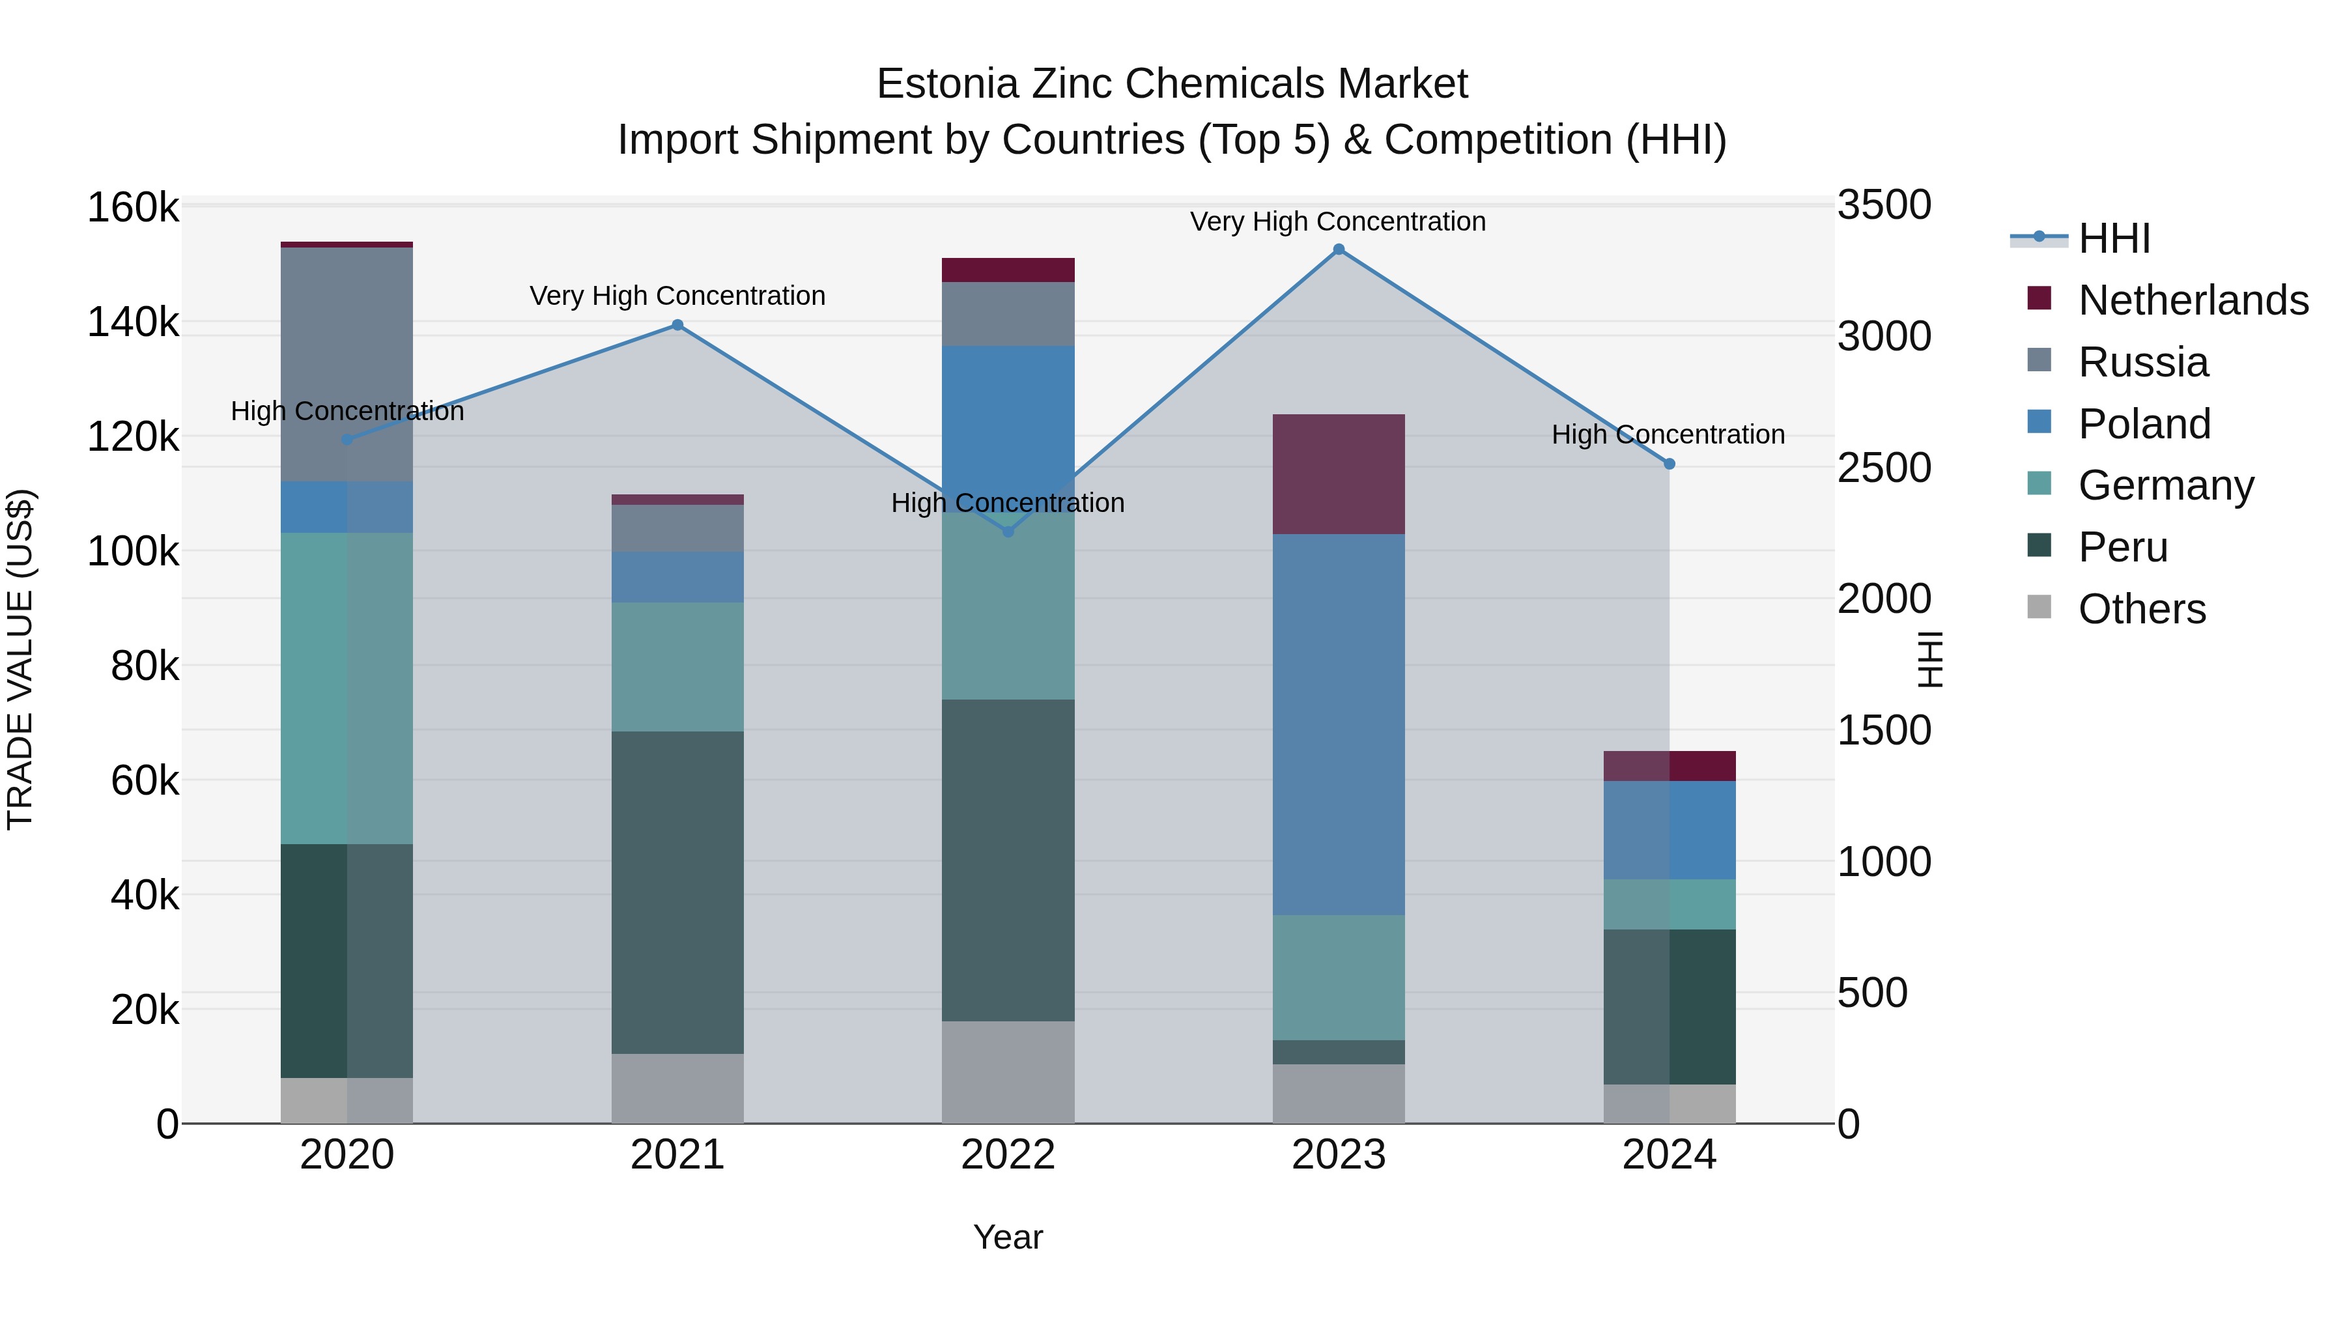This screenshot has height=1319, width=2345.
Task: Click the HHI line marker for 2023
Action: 1338,249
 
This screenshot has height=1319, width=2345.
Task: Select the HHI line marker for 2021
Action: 677,325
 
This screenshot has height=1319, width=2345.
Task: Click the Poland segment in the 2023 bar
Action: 1338,724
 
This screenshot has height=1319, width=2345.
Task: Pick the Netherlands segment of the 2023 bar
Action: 1338,474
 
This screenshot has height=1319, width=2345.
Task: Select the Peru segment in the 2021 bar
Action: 677,892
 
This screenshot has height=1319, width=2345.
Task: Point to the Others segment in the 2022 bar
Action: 1008,1071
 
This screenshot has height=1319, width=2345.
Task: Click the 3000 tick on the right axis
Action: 1883,337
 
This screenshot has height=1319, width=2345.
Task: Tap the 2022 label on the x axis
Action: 1008,1155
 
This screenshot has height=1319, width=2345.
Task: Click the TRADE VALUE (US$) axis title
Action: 20,659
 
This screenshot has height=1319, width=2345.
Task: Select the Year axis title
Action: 1008,1237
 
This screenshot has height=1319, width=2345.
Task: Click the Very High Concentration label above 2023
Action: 1337,221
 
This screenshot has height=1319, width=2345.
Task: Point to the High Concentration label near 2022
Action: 1008,502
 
